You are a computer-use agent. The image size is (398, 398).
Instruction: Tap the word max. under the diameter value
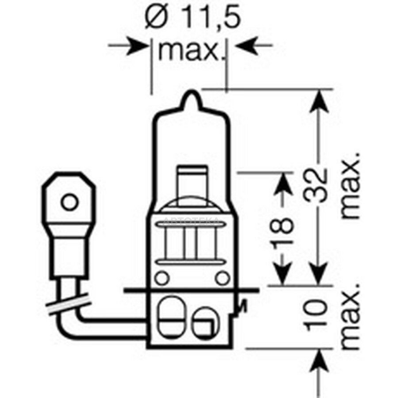coord(189,50)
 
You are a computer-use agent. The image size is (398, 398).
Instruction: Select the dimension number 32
coord(316,186)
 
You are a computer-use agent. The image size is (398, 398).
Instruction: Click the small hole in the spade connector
coord(69,202)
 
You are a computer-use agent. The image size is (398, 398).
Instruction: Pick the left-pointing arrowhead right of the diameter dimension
coord(246,46)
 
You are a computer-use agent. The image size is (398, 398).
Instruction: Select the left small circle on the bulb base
coord(162,278)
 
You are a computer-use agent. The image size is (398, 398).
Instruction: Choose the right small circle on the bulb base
coord(222,278)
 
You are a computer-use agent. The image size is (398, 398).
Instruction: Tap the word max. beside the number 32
coord(351,186)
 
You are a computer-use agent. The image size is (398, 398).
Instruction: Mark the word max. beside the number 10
coord(351,316)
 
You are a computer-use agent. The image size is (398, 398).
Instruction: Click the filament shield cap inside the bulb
coord(192,182)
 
